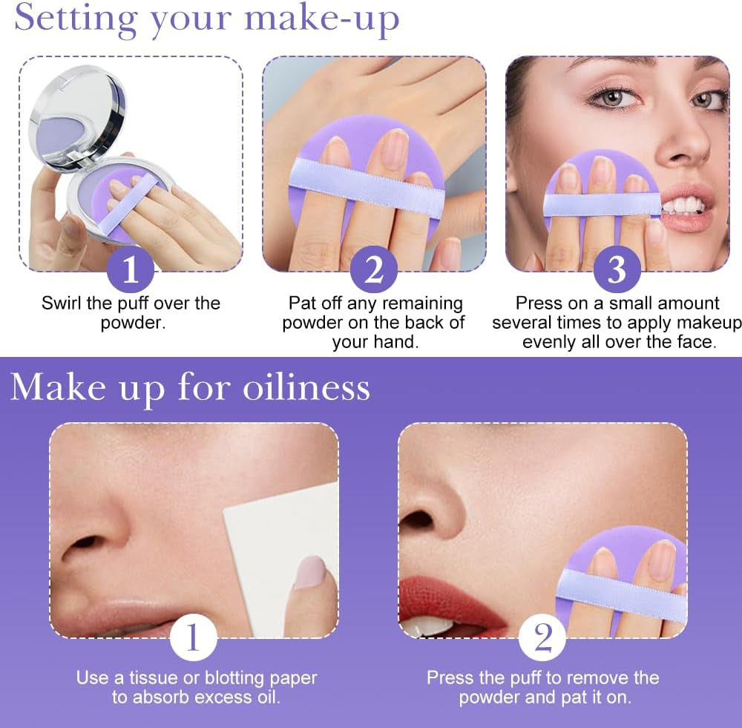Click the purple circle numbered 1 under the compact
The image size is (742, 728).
coord(131,269)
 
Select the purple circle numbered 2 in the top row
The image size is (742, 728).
coord(374,269)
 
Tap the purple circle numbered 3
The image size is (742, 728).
coord(617,269)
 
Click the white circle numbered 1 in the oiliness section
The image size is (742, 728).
coord(193,636)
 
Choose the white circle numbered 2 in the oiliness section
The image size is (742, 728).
coord(542,636)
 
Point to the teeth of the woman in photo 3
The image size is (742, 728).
coord(680,205)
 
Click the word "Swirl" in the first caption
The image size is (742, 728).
coord(62,303)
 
